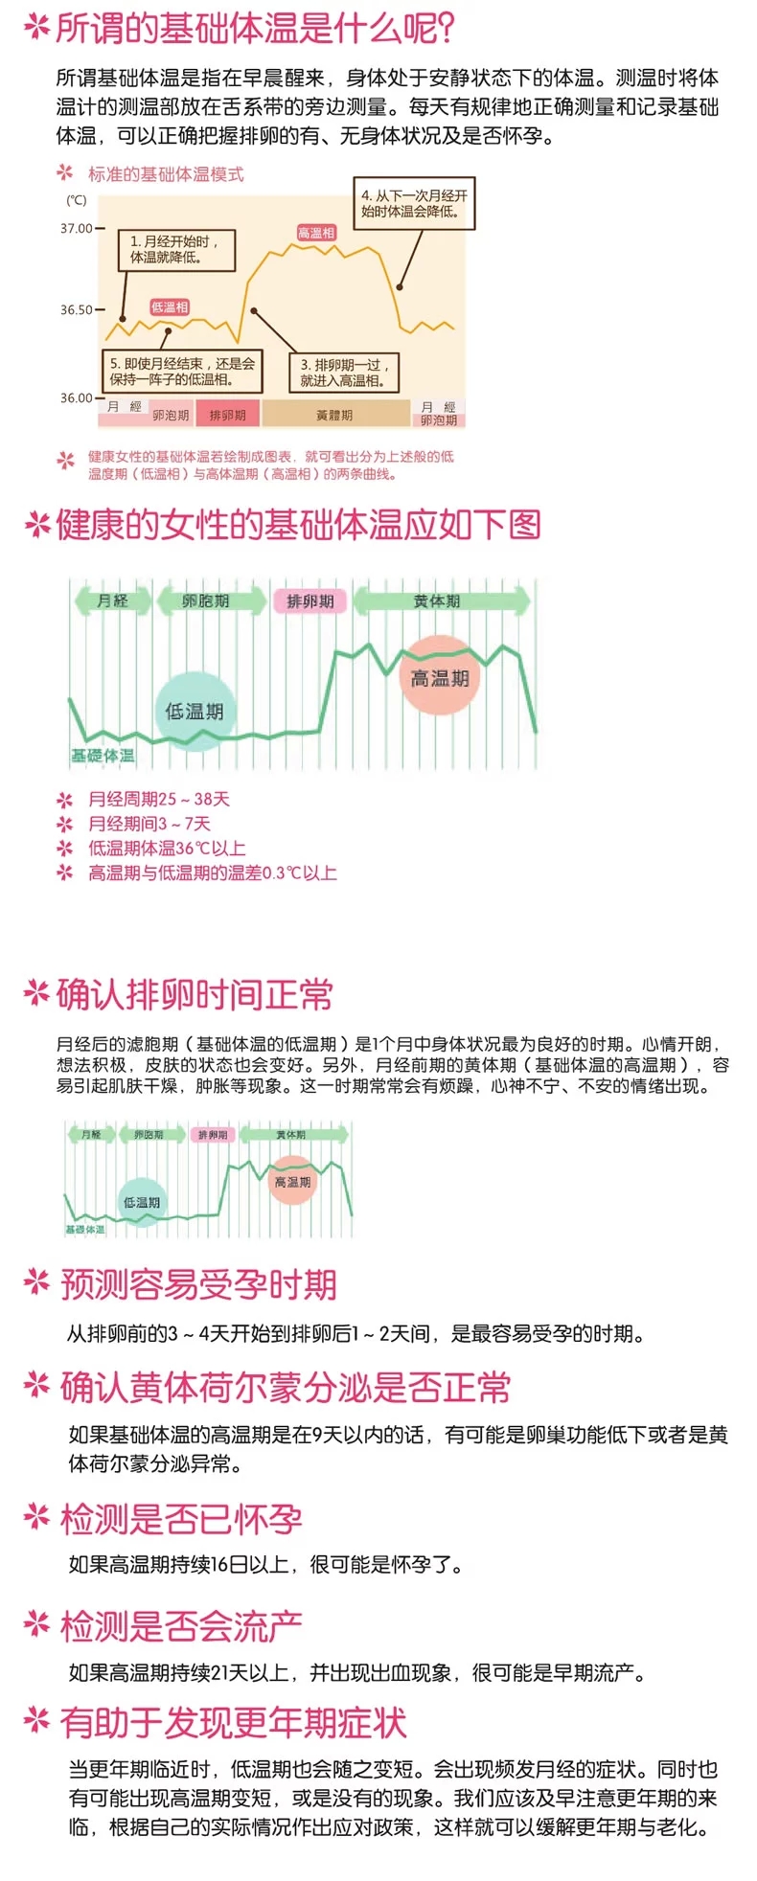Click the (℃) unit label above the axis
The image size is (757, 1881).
pos(77,200)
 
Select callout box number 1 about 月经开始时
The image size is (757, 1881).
pos(177,249)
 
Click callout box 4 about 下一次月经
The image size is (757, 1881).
pos(414,203)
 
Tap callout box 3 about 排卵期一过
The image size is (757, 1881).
pos(342,373)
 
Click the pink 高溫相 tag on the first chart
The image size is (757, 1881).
pos(316,233)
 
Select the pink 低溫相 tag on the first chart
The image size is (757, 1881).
pos(170,307)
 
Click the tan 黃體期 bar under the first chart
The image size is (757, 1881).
pos(334,415)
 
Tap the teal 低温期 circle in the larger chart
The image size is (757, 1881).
pos(195,711)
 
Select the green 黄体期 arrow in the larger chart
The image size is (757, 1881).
pos(440,601)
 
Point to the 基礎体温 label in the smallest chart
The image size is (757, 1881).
pos(85,1229)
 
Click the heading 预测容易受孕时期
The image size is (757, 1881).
pos(198,1284)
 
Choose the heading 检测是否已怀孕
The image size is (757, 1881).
pos(181,1518)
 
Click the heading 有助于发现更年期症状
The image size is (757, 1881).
pos(233,1722)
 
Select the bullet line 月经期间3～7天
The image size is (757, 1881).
pos(149,824)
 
